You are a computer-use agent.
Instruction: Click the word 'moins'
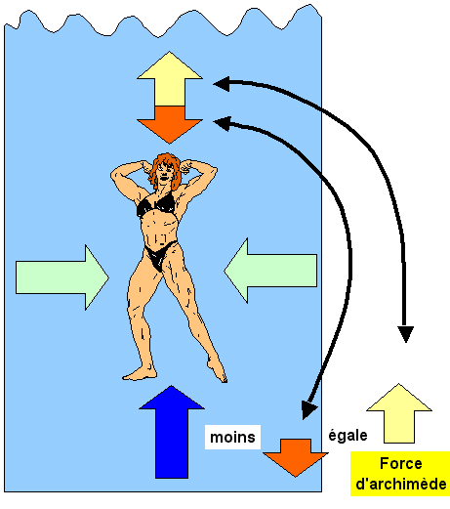pos(232,437)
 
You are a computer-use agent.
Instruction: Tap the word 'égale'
pos(348,436)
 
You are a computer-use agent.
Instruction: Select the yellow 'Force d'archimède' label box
pos(400,474)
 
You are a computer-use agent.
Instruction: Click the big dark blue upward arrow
pos(172,432)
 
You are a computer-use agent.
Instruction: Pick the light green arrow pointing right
pos(61,277)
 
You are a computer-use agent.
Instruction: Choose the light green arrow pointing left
pos(270,271)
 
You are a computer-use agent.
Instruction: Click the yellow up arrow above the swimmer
pos(170,79)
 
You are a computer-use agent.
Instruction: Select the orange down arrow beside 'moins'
pos(296,457)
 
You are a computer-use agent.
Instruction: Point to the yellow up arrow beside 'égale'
pos(399,413)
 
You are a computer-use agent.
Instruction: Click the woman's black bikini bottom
pos(159,256)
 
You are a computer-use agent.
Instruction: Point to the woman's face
pos(163,174)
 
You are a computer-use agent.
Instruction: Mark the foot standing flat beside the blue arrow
pos(140,374)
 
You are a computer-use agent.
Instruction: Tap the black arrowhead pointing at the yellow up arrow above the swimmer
pos(222,84)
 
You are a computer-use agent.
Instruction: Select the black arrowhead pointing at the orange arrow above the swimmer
pos(222,124)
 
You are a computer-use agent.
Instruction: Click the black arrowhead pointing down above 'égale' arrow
pos(406,334)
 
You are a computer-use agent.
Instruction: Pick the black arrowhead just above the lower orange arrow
pos(308,409)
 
